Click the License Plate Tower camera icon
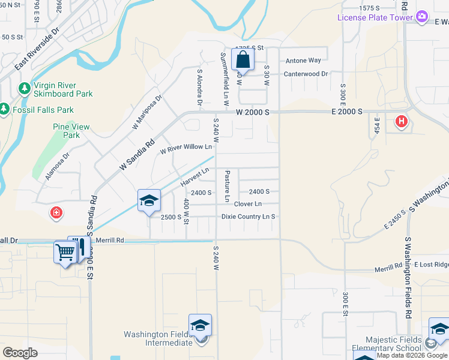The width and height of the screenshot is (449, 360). [x=422, y=17]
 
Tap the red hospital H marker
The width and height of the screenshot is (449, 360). [x=402, y=122]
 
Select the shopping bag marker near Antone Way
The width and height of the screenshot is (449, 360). [x=242, y=60]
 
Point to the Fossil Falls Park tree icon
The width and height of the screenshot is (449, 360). [x=5, y=110]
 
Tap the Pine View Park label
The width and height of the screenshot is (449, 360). [x=71, y=131]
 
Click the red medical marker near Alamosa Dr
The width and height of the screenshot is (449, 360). [x=56, y=212]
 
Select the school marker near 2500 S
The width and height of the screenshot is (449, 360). [x=149, y=201]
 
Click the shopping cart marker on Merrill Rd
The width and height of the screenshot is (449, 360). [x=65, y=253]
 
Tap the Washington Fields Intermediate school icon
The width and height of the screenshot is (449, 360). [x=200, y=326]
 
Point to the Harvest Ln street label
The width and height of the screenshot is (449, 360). [x=194, y=175]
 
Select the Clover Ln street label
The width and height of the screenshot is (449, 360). [x=247, y=204]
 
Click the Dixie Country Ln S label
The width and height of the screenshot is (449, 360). [x=248, y=217]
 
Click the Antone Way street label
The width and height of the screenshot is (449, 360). [x=303, y=61]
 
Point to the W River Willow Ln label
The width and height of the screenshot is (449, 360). [x=185, y=148]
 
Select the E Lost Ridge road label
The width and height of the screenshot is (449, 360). [x=433, y=265]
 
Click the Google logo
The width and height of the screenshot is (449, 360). [x=20, y=353]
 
